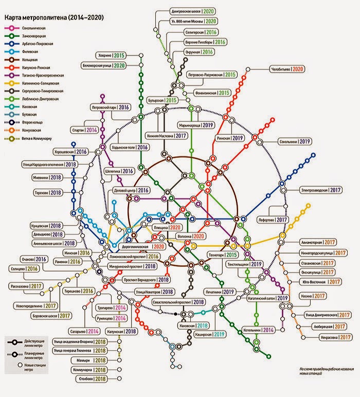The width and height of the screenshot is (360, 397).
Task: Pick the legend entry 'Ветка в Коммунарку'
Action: point(37,139)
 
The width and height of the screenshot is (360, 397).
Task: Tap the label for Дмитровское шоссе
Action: point(186,11)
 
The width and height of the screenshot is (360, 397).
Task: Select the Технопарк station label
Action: point(222,255)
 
